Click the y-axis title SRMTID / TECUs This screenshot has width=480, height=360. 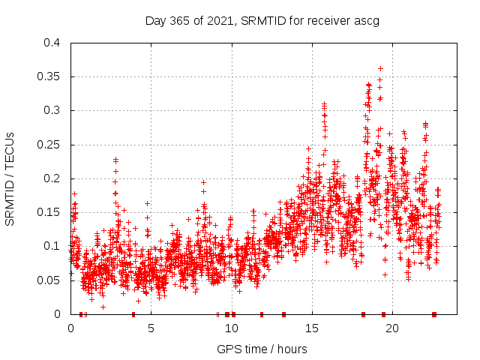pos(10,178)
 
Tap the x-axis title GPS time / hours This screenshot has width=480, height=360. pos(262,349)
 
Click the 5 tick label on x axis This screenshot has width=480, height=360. pos(151,328)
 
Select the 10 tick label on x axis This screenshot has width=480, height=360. pos(232,328)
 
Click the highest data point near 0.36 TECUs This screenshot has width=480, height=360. pos(380,68)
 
